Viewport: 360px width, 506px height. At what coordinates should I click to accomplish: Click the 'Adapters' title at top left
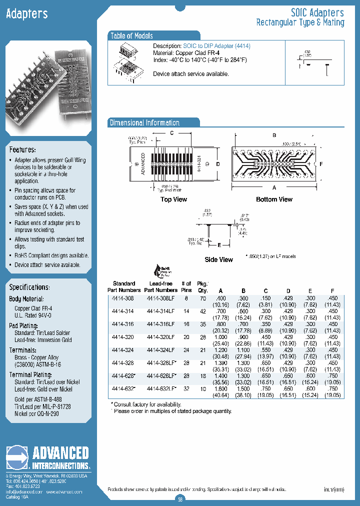27,14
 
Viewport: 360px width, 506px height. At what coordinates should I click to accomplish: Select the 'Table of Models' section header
131,36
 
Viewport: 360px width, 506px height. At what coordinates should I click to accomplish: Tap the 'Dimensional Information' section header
144,123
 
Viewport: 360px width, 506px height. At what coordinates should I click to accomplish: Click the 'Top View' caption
173,199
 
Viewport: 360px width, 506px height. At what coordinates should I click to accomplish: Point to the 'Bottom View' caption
274,199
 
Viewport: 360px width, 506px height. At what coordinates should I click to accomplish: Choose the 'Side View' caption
218,259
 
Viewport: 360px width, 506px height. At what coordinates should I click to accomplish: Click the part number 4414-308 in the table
123,298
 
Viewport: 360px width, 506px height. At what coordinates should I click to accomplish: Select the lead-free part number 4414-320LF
160,337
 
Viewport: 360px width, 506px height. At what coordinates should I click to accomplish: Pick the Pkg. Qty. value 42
202,311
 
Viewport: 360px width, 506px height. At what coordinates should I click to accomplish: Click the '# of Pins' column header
186,286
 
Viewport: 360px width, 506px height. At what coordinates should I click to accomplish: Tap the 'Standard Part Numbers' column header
124,286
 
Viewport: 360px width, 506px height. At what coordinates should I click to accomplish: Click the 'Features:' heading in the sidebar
22,150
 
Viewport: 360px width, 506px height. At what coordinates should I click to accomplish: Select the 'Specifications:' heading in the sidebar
29,287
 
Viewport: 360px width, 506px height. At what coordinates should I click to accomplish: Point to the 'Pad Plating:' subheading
22,325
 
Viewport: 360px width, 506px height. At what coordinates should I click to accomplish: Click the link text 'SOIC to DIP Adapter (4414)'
216,46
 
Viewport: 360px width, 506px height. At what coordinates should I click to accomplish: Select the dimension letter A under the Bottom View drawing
273,188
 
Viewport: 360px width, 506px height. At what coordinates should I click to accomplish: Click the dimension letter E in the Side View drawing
219,245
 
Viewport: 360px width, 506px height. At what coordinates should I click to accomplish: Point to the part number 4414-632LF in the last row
160,388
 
